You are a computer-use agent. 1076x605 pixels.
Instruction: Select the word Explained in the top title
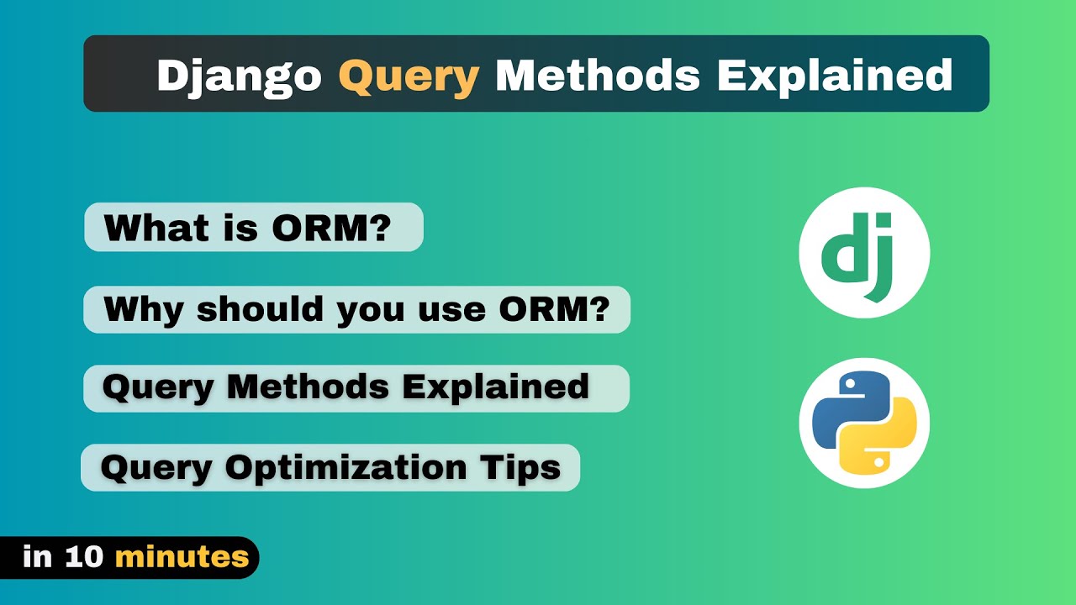click(x=834, y=76)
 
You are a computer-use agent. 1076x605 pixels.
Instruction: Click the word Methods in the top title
click(x=597, y=76)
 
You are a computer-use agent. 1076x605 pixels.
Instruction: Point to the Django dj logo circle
click(x=864, y=252)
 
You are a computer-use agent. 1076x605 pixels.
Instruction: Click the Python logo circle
click(x=864, y=423)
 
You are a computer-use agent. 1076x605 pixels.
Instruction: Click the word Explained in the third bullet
click(x=495, y=387)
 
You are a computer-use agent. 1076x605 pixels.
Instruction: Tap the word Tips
click(x=527, y=466)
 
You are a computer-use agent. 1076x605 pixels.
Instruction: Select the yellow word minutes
click(x=182, y=557)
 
